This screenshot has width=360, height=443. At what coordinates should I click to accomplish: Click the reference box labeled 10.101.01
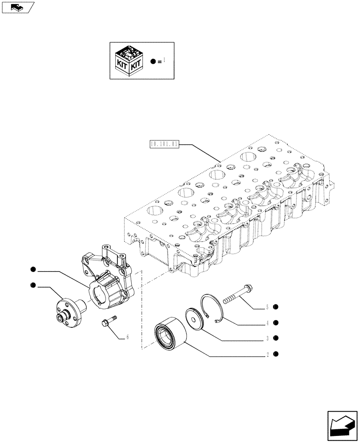click(164, 144)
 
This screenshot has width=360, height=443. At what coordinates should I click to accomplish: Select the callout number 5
click(267, 307)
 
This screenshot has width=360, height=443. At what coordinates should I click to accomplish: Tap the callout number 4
click(267, 323)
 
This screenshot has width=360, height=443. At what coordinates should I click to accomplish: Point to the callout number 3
click(267, 338)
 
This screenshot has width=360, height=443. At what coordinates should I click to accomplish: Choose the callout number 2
click(267, 354)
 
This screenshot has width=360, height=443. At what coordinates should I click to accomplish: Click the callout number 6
click(127, 337)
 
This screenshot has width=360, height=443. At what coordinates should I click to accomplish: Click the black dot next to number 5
click(276, 307)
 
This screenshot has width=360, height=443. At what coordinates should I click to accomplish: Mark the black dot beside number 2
click(276, 354)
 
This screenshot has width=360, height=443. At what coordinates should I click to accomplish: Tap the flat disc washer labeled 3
click(195, 319)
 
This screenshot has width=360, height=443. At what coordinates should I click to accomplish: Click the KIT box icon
click(129, 60)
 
